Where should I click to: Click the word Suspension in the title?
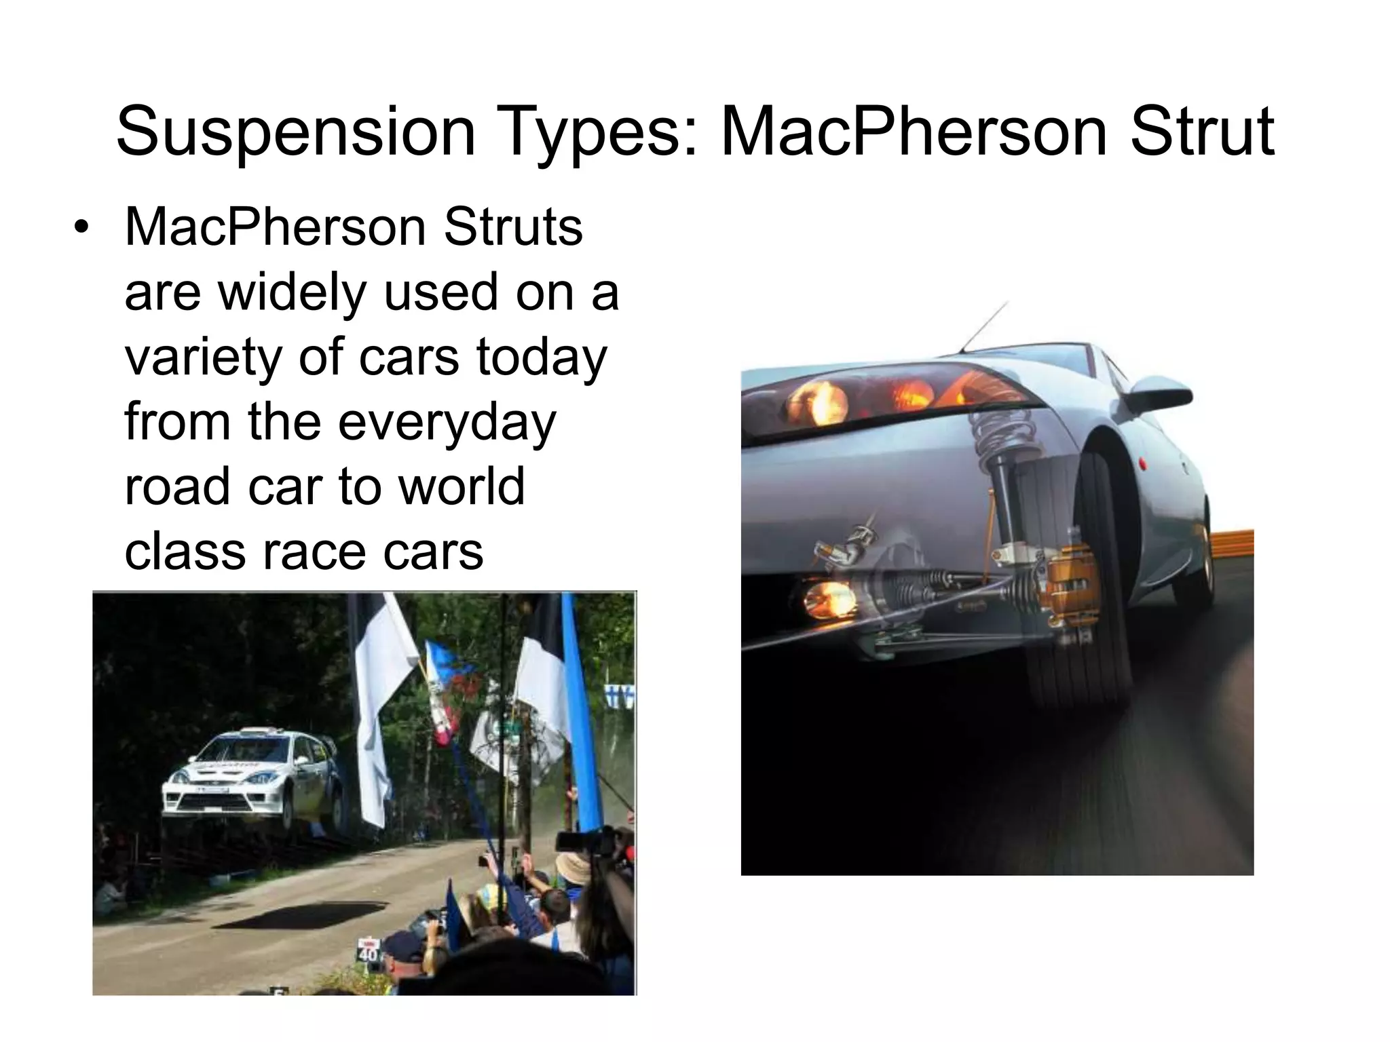click(295, 132)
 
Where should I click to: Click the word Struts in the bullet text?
click(513, 227)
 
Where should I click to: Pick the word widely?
click(293, 292)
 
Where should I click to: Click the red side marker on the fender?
click(1142, 464)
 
